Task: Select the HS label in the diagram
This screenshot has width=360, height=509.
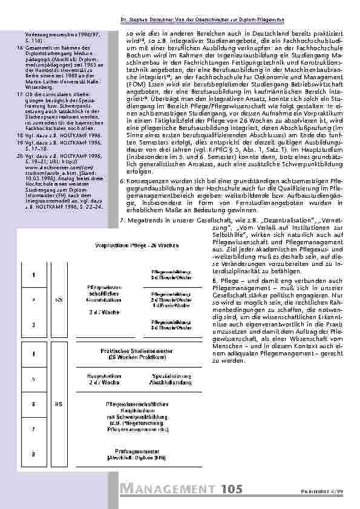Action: point(59,403)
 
